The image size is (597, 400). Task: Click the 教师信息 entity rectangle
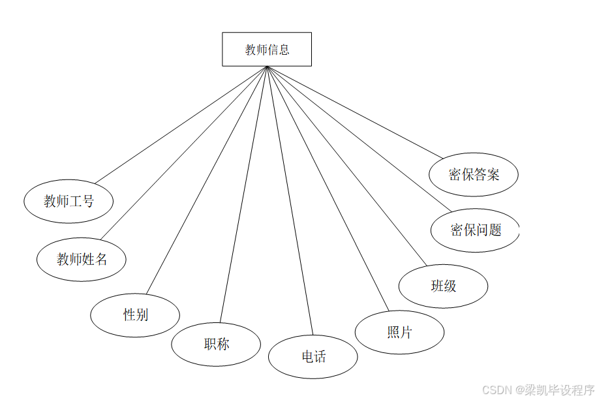click(x=267, y=50)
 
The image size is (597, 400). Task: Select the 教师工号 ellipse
click(x=69, y=201)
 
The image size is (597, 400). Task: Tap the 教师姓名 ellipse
click(x=82, y=259)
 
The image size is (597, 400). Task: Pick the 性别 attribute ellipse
click(x=135, y=315)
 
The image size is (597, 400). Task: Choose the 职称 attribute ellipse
click(x=216, y=344)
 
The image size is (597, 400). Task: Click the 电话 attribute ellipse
click(x=313, y=356)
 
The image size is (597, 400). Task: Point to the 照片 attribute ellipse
click(x=399, y=332)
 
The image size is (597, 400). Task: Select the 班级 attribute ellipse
click(x=443, y=286)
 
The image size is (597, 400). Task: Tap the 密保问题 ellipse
click(x=475, y=230)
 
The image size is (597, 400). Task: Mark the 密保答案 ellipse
click(x=474, y=175)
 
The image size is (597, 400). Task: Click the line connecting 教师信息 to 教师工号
click(x=181, y=125)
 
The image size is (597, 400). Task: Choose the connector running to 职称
click(x=243, y=194)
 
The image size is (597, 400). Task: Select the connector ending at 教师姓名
click(x=183, y=153)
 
